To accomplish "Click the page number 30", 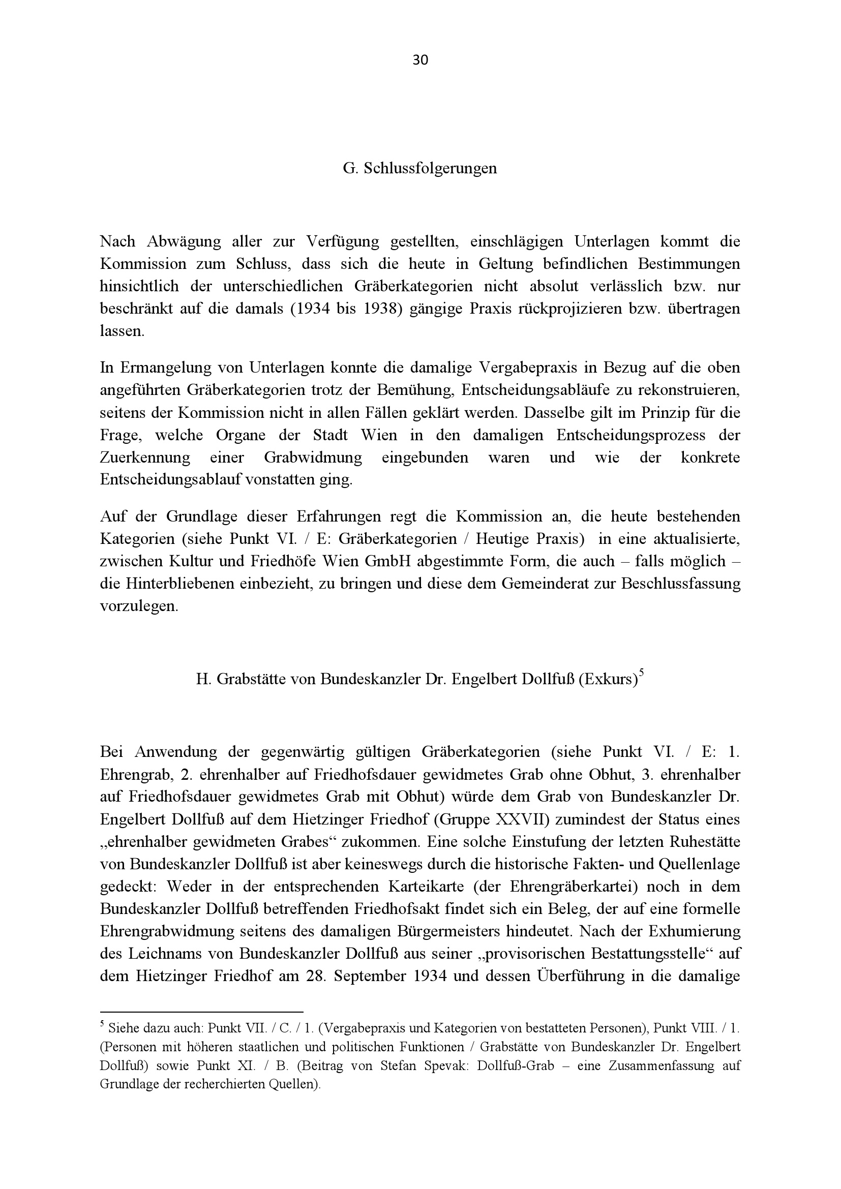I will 420,60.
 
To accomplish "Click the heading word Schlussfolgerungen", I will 430,168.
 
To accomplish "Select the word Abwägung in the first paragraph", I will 184,241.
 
